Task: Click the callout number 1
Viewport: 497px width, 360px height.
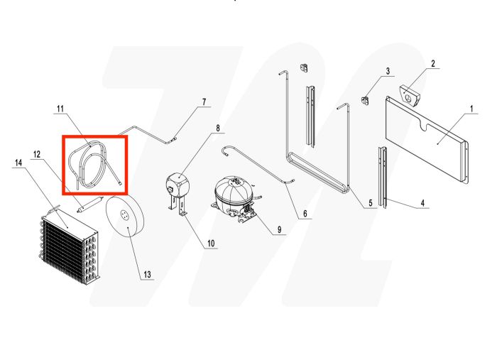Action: click(x=470, y=109)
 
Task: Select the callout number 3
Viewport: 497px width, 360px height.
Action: click(x=388, y=71)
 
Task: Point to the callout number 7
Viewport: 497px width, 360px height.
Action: click(x=204, y=102)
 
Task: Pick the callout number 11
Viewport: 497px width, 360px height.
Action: click(x=60, y=109)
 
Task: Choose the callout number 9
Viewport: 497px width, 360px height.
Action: click(x=280, y=230)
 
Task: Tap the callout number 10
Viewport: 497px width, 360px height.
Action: click(x=211, y=244)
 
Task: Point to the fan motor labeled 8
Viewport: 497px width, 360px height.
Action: click(x=177, y=185)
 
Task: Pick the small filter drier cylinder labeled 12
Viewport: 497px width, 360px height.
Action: click(x=90, y=205)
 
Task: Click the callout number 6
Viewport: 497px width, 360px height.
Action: click(x=305, y=214)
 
